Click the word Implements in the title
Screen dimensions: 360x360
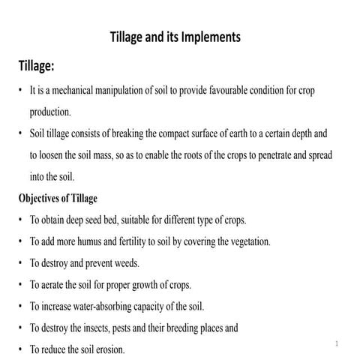pos(208,37)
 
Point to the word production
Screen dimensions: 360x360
pos(50,112)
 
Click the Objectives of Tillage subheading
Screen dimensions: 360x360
pos(58,199)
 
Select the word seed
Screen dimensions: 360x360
pos(109,220)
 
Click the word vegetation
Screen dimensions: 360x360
pos(244,242)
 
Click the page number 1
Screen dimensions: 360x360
pos(337,344)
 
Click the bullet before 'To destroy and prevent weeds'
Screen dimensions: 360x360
pos(20,264)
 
